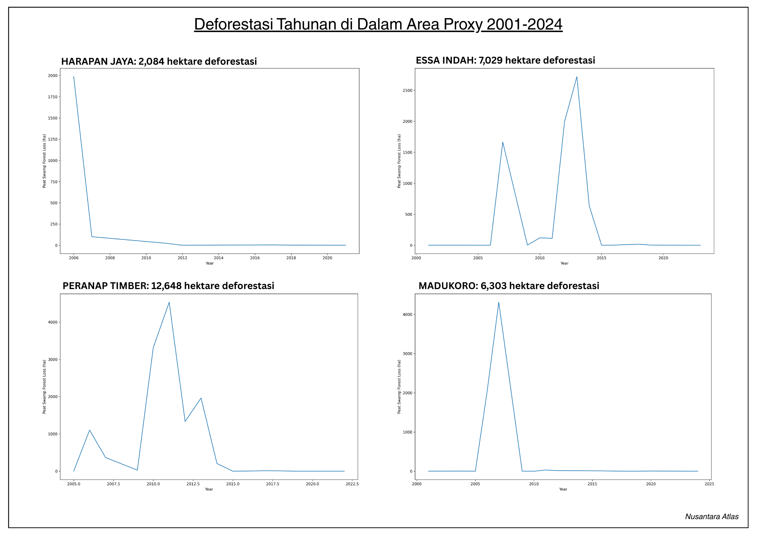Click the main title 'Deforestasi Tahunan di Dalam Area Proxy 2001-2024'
[378, 24]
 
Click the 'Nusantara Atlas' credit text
[712, 516]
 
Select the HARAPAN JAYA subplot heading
[159, 61]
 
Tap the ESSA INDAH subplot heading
[505, 60]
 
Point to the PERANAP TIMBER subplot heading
[168, 286]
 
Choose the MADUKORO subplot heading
[509, 286]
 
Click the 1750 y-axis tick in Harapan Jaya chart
[53, 97]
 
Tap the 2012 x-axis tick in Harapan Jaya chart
[182, 258]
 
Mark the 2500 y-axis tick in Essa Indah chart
[408, 90]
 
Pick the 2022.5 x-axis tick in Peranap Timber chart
[352, 484]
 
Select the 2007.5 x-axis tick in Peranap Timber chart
[113, 484]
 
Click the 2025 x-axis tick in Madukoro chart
[709, 484]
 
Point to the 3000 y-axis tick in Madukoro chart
[408, 354]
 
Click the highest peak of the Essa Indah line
[576, 77]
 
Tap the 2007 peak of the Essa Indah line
[503, 142]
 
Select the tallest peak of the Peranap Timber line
[169, 302]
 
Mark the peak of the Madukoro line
[498, 302]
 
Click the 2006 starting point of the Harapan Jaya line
[73, 76]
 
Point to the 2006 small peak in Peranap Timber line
[89, 430]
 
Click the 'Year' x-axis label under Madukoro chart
[563, 489]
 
